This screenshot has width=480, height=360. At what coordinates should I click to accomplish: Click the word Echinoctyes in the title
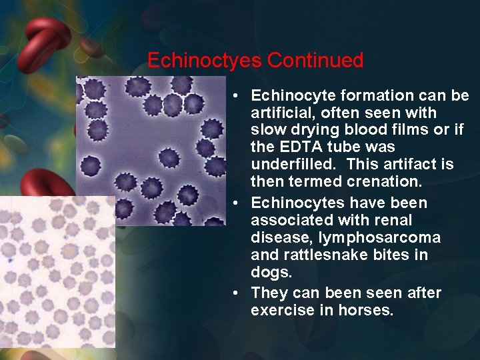point(205,61)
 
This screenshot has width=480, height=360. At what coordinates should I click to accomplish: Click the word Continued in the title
point(315,61)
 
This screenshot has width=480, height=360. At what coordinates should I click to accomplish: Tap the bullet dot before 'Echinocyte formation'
point(237,95)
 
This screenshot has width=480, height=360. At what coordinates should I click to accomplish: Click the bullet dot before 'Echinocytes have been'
point(237,203)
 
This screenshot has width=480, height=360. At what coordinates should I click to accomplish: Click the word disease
point(276,237)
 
